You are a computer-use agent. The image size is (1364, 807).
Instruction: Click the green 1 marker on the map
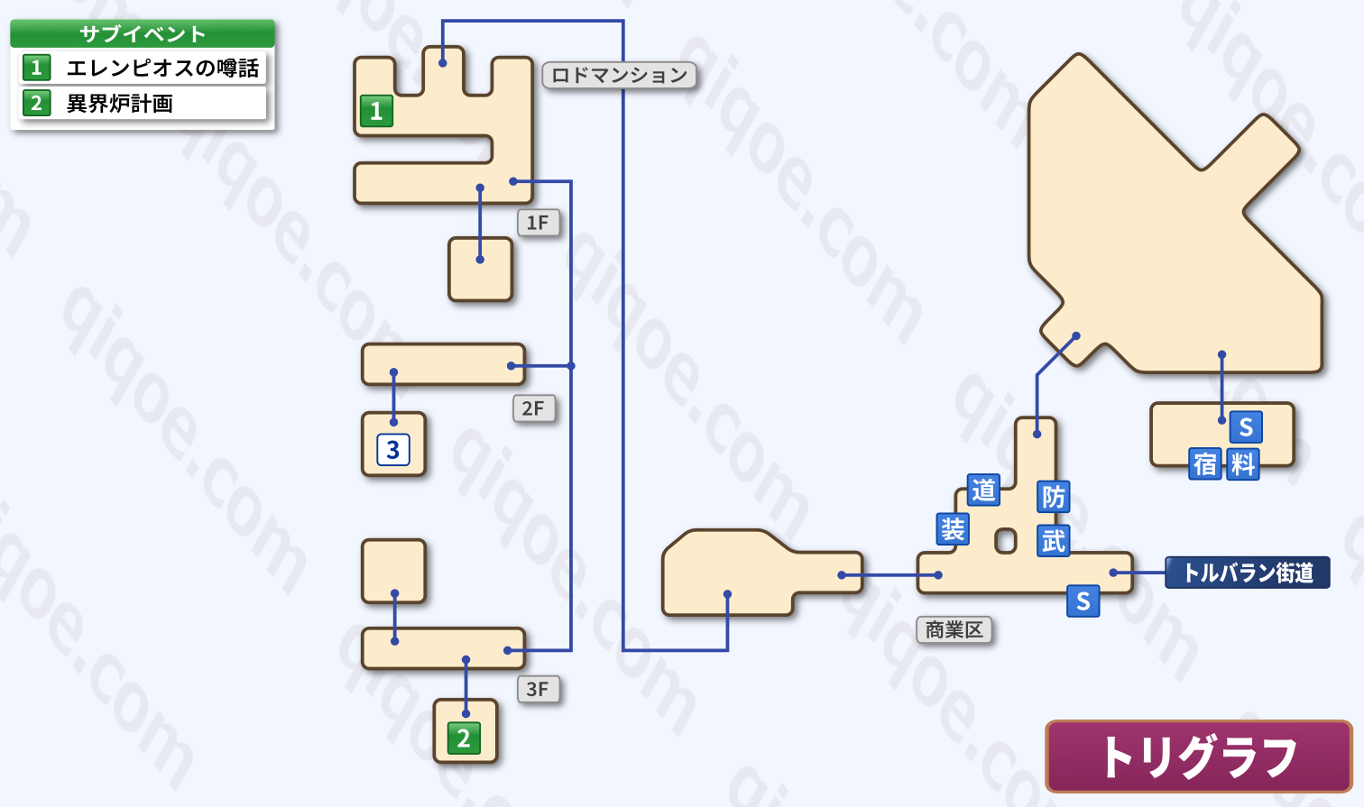[x=376, y=111]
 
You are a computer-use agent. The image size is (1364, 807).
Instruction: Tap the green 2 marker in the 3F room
[x=464, y=738]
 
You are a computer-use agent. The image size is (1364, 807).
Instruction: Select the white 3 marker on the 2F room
[x=392, y=450]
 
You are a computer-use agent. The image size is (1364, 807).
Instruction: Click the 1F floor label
[x=538, y=223]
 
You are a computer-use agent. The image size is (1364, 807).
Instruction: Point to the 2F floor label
[x=533, y=408]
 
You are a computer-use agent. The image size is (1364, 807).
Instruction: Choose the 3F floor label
[x=538, y=690]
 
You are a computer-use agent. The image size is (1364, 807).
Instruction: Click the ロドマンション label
[x=619, y=76]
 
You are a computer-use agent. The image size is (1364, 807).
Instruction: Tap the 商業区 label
[x=954, y=630]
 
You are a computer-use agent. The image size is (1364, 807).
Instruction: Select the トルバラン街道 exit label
[x=1247, y=573]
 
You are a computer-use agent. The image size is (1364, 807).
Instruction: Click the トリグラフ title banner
[x=1199, y=757]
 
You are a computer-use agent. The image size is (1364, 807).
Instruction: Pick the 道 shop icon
[x=983, y=490]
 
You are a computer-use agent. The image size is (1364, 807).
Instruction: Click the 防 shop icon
[x=1054, y=497]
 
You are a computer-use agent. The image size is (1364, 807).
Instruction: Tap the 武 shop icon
[x=1054, y=540]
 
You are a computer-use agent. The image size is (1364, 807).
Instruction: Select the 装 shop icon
[x=953, y=528]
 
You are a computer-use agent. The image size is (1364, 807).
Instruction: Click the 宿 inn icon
[x=1205, y=465]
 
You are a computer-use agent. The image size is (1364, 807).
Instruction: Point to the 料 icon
[x=1243, y=465]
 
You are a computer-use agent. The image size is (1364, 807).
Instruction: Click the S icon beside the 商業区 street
[x=1083, y=601]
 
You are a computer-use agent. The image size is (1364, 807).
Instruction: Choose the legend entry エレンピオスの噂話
[x=143, y=68]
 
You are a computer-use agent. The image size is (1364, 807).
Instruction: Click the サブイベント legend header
[x=143, y=33]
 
